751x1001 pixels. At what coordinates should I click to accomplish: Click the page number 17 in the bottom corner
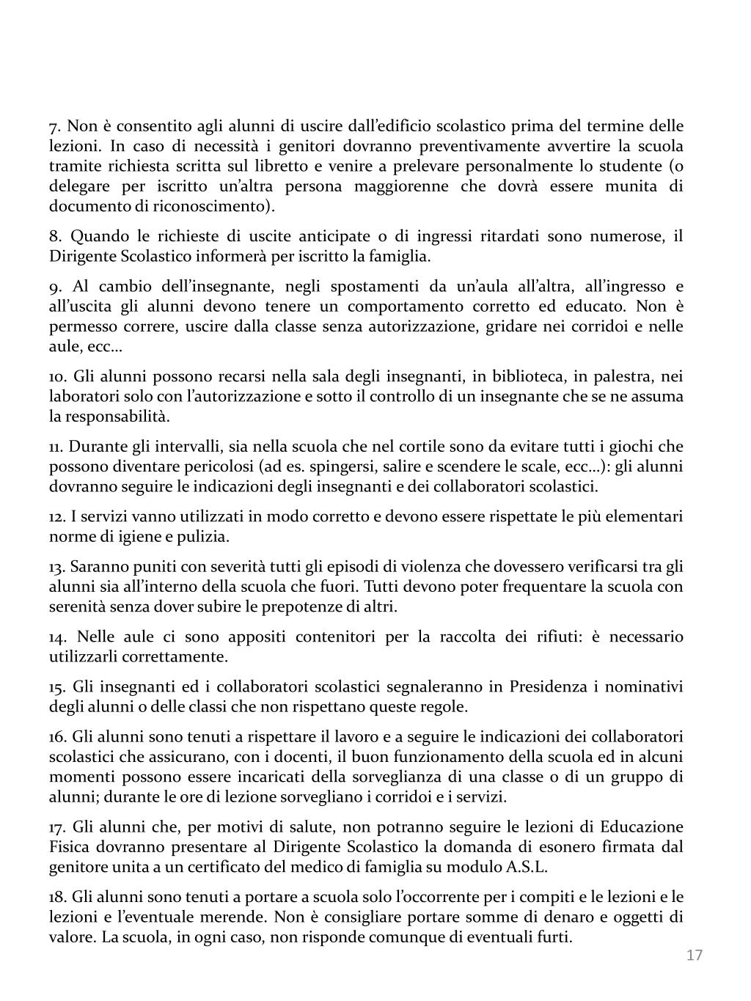click(x=695, y=955)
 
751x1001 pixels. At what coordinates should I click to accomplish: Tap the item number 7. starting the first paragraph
click(x=55, y=126)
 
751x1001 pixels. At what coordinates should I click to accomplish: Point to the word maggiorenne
click(x=401, y=186)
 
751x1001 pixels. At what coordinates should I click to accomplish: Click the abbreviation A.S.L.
click(x=526, y=867)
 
